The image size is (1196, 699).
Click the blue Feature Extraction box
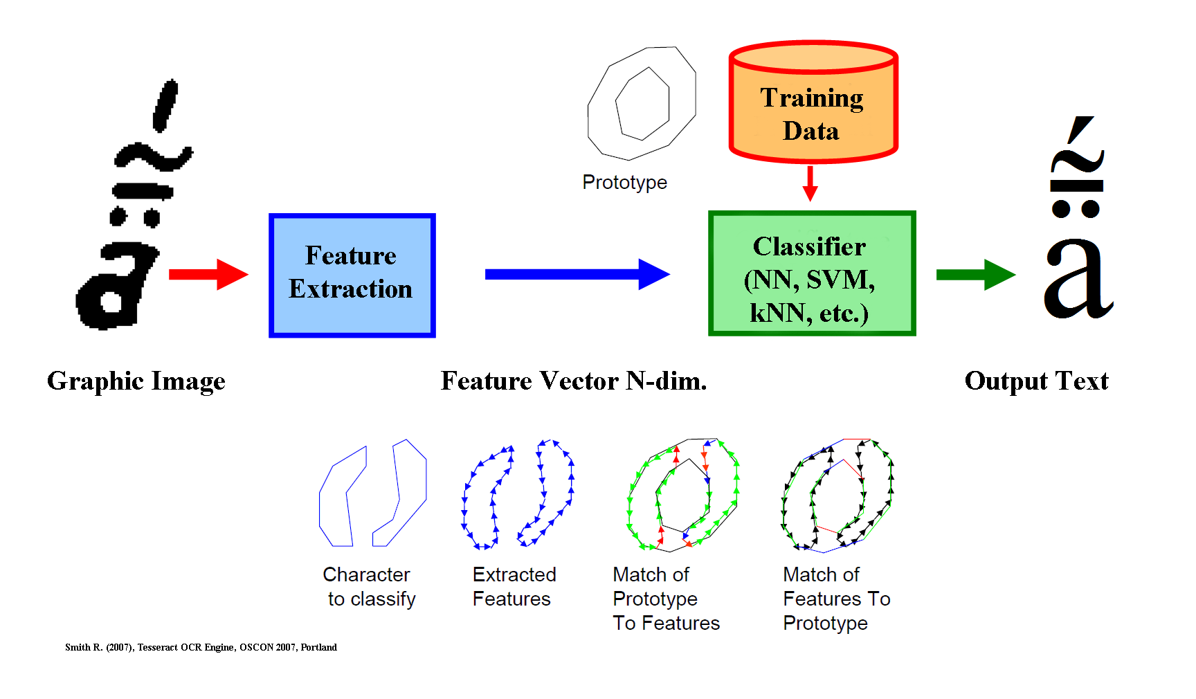tap(352, 275)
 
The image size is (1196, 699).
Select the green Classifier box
tap(812, 273)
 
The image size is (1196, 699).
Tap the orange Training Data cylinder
tap(813, 102)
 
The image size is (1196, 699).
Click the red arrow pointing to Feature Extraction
tap(208, 275)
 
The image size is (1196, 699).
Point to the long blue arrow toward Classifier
tap(577, 274)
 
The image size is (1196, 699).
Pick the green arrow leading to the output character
tap(976, 275)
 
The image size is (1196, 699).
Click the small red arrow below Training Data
tap(810, 183)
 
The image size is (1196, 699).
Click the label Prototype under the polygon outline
tap(624, 182)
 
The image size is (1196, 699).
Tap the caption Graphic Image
tap(136, 381)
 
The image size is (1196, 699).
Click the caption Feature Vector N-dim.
tap(574, 381)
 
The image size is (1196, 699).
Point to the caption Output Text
tap(1036, 381)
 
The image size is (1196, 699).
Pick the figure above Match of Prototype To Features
tap(630, 498)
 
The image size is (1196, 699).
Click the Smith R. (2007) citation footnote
tap(201, 647)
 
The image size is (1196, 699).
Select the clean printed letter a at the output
tap(1078, 280)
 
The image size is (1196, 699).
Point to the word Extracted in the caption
tap(514, 574)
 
